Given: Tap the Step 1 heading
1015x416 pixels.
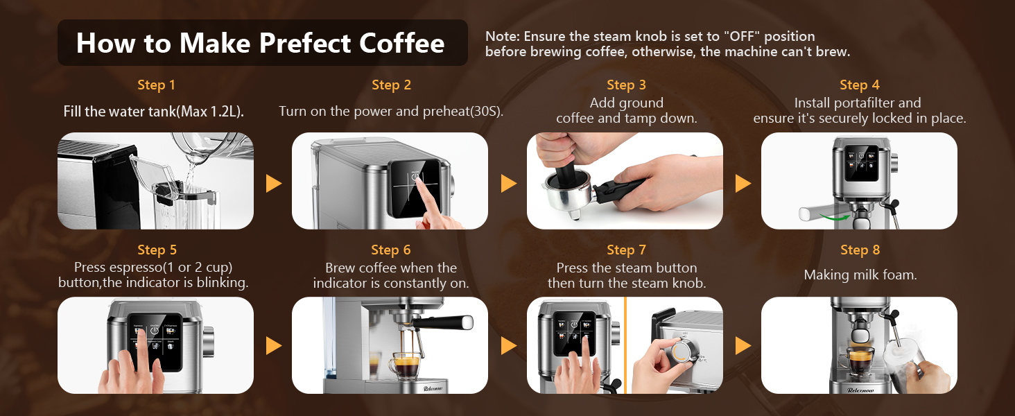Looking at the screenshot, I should (x=156, y=85).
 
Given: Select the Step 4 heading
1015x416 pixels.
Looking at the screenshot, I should (x=859, y=85).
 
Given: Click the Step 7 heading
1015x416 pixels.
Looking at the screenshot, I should (x=625, y=250).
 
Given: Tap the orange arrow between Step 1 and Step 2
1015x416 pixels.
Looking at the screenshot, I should (x=274, y=183).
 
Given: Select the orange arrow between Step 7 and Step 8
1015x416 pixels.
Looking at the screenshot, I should (x=743, y=345).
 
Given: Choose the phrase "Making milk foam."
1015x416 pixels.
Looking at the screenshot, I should (x=860, y=275).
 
